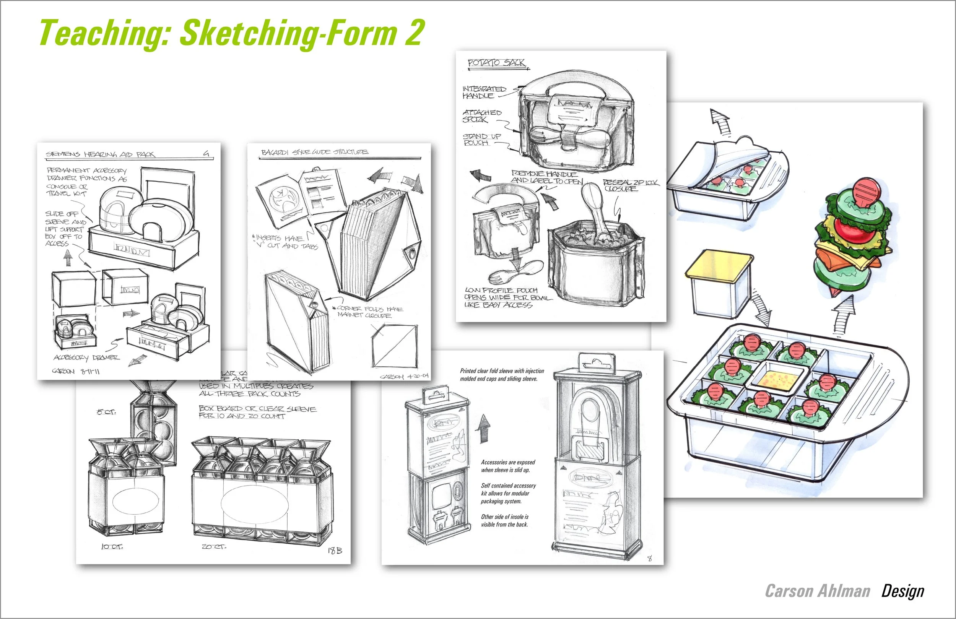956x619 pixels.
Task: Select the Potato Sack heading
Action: click(496, 63)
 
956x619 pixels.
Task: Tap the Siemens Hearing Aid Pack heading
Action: click(101, 154)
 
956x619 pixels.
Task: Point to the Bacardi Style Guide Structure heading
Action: click(314, 152)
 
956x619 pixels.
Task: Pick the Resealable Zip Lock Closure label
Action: click(630, 185)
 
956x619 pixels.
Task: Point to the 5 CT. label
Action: click(106, 412)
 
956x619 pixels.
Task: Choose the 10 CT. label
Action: click(112, 547)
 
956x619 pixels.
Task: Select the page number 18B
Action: click(335, 551)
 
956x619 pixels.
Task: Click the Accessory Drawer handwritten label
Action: click(86, 357)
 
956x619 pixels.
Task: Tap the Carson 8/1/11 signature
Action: click(75, 371)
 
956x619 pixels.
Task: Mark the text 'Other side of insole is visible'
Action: click(504, 521)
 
